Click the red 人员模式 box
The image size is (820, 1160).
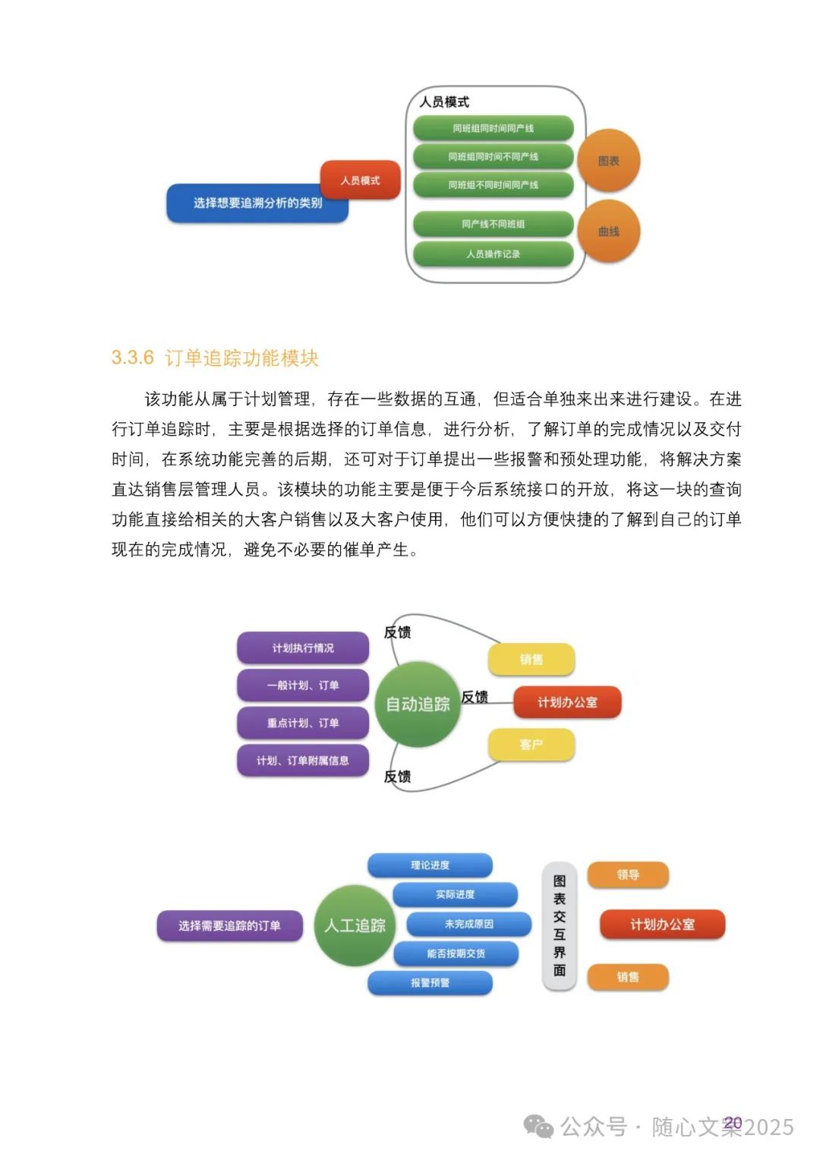(x=360, y=180)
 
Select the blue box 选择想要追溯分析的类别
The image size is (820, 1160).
(x=257, y=203)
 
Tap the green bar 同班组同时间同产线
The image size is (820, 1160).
(x=493, y=128)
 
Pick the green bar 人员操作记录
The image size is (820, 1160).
(x=493, y=254)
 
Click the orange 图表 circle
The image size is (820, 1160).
(x=608, y=161)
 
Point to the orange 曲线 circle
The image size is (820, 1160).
(x=608, y=231)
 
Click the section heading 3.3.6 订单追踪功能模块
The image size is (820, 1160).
(x=215, y=358)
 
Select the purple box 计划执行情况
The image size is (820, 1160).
(x=303, y=648)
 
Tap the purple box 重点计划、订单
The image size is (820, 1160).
(x=303, y=723)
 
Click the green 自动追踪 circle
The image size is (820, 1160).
(x=418, y=704)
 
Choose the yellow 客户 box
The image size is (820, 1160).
(x=531, y=745)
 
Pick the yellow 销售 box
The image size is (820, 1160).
(x=531, y=659)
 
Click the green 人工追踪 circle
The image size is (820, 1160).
(x=355, y=925)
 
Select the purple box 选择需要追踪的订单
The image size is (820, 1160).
(x=229, y=925)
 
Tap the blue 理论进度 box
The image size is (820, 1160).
(x=430, y=865)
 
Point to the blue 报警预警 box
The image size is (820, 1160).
(x=430, y=982)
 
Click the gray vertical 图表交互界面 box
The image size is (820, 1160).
(x=560, y=925)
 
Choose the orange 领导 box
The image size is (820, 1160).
(x=628, y=875)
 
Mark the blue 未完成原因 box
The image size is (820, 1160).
(x=468, y=924)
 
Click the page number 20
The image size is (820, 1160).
(x=733, y=1122)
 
